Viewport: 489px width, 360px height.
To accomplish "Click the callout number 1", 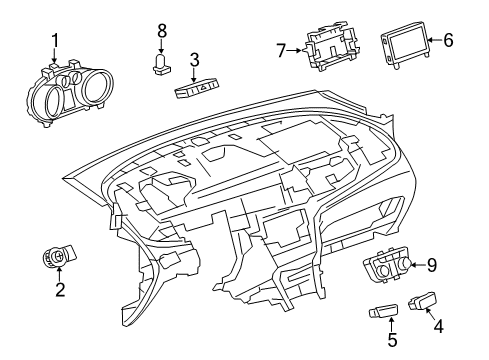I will pyautogui.click(x=55, y=40).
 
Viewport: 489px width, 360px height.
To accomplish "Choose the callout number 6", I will pyautogui.click(x=448, y=41).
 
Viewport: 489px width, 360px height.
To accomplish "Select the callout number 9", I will pyautogui.click(x=433, y=264).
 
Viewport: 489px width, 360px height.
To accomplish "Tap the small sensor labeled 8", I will pyautogui.click(x=160, y=65).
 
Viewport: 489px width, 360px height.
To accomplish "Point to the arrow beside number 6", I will pyautogui.click(x=433, y=41).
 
